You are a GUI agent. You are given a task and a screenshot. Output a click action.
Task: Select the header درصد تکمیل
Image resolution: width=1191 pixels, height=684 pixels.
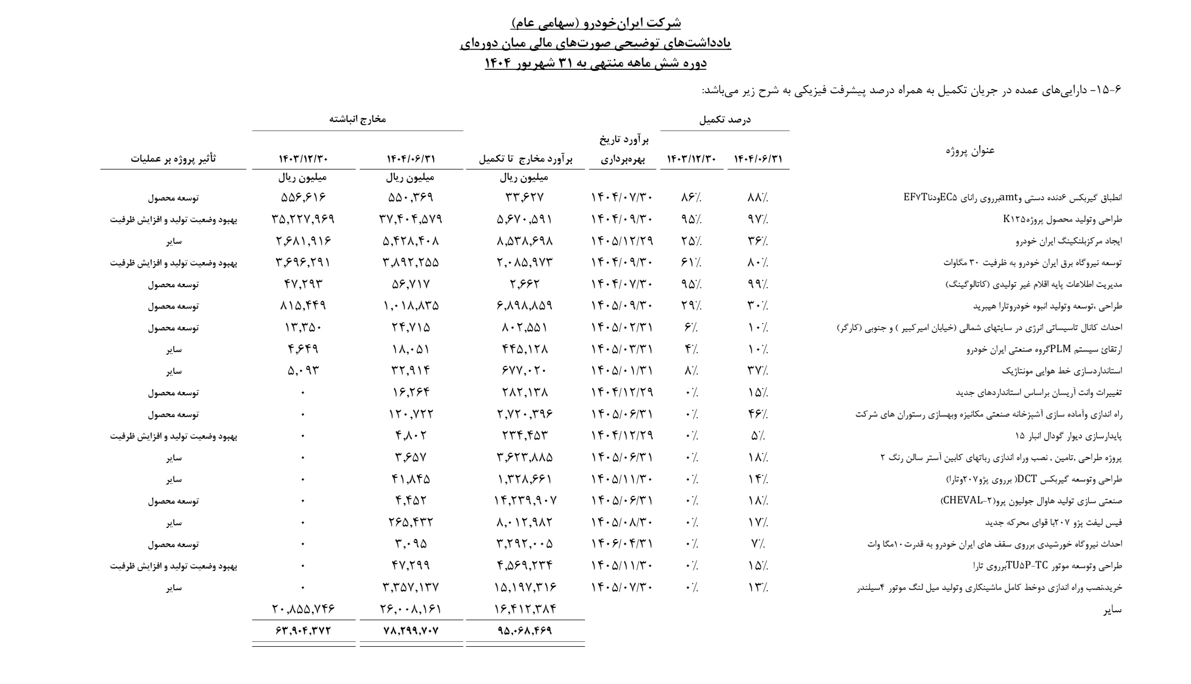click(724, 120)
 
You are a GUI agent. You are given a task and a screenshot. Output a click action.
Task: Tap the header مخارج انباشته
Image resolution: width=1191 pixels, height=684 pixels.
click(357, 120)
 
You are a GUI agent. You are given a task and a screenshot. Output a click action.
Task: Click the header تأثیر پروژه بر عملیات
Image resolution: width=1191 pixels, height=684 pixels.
click(173, 159)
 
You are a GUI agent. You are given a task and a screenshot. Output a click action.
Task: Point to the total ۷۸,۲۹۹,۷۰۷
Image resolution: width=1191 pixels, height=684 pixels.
click(411, 631)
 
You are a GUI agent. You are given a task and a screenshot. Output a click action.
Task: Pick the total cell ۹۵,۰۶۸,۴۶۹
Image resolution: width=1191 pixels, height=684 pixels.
click(525, 631)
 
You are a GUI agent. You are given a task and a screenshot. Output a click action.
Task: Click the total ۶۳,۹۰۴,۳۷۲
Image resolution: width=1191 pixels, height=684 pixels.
click(303, 631)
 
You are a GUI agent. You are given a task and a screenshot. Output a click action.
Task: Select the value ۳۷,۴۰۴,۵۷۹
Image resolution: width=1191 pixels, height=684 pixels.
click(411, 219)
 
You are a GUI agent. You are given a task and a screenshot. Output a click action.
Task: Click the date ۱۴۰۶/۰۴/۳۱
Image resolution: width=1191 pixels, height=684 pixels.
click(622, 544)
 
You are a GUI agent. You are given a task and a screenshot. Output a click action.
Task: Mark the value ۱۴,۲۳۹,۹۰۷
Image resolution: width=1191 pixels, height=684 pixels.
click(525, 501)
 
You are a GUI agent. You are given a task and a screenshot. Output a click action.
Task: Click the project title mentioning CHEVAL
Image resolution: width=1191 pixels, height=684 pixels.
click(1031, 501)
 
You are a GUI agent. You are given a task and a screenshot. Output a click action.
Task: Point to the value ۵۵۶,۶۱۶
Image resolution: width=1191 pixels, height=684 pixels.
click(303, 198)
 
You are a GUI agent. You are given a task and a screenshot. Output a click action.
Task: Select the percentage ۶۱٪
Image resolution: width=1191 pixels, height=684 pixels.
click(691, 263)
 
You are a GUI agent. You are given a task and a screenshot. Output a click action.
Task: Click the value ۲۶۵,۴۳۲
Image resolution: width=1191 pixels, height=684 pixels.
click(411, 523)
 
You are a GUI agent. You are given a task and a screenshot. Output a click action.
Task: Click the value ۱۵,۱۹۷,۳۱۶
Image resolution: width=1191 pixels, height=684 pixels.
click(525, 588)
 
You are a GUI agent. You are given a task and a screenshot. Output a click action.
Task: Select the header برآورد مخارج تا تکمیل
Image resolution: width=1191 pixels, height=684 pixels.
click(525, 159)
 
